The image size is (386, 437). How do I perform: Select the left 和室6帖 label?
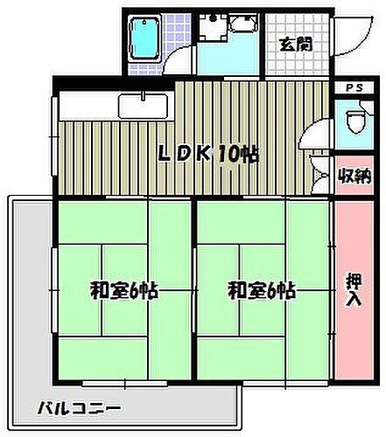click(x=123, y=291)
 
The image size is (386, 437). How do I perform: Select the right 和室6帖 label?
click(x=261, y=291)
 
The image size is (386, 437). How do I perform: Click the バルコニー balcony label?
click(x=79, y=408)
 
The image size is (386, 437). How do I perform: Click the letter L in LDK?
click(x=164, y=156)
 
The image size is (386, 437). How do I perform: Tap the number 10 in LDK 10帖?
click(x=225, y=156)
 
